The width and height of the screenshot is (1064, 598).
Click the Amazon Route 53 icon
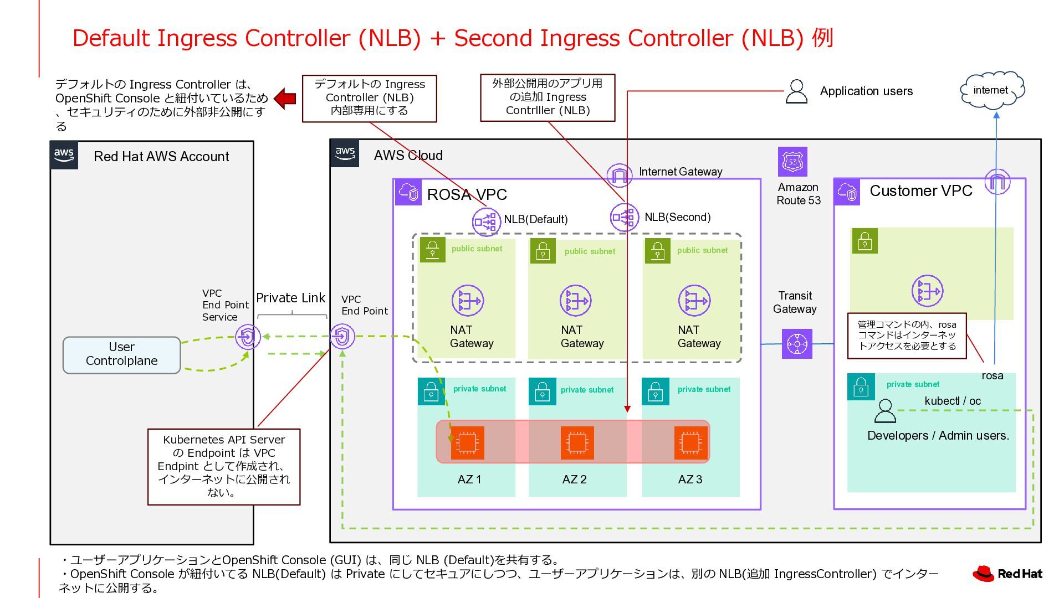click(792, 162)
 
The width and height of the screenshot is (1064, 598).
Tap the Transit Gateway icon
click(797, 344)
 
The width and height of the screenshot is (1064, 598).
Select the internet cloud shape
click(992, 90)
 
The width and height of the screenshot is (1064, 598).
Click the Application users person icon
click(796, 92)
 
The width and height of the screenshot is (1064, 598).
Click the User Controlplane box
click(121, 355)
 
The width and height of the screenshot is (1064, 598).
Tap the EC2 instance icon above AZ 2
click(577, 442)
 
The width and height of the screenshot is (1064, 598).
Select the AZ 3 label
click(690, 480)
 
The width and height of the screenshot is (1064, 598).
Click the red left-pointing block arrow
click(285, 99)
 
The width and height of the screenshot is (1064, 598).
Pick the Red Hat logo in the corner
click(1007, 574)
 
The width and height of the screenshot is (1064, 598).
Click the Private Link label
click(290, 298)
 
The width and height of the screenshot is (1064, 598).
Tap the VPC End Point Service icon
click(248, 337)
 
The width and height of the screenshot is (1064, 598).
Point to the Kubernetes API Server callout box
click(224, 466)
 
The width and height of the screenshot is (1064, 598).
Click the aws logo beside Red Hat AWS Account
click(64, 155)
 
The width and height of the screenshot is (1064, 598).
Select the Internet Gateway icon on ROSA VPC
click(619, 176)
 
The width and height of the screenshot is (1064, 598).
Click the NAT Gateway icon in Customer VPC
click(927, 291)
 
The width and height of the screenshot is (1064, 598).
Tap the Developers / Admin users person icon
click(884, 411)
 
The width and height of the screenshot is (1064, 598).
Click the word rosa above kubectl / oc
click(992, 376)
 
